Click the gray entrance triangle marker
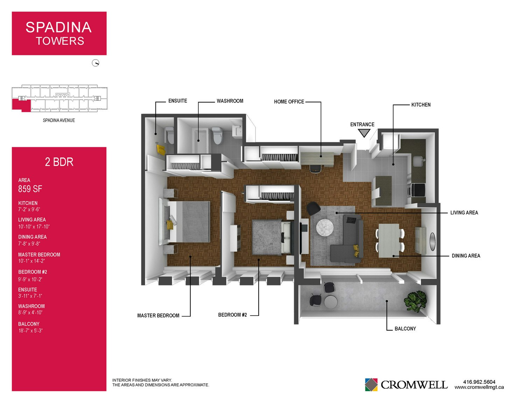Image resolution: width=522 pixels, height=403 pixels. (364, 133)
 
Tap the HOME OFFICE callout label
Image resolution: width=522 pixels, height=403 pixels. (289, 102)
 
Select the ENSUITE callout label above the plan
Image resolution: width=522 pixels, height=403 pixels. (178, 101)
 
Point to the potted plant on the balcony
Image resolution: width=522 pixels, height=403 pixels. (415, 301)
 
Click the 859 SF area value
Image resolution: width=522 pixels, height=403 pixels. (30, 189)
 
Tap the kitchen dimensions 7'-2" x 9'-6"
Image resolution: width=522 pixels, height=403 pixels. (29, 209)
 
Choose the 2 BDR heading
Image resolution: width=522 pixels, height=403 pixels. (59, 162)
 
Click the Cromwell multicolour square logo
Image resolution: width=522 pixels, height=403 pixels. (371, 384)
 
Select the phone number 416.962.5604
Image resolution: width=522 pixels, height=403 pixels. (479, 382)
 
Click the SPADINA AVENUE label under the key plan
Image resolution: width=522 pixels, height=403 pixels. (59, 120)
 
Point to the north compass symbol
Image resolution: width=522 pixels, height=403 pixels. (96, 63)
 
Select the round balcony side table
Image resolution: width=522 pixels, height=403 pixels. (330, 302)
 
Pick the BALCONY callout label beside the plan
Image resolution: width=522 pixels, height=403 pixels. (405, 328)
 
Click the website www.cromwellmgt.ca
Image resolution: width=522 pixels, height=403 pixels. (479, 387)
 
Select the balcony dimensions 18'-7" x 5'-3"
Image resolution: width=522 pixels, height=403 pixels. (30, 331)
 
